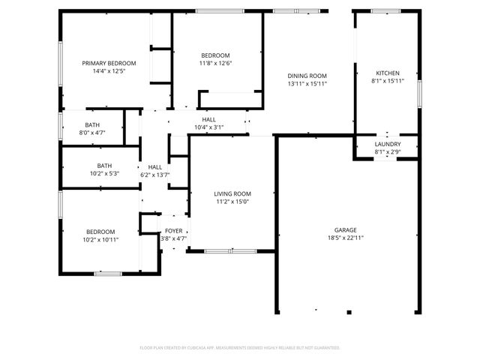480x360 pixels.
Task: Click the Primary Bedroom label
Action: tap(109, 63)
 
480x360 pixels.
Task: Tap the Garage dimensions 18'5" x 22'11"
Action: tap(345, 238)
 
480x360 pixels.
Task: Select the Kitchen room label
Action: tap(388, 73)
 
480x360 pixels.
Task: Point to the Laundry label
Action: tap(388, 144)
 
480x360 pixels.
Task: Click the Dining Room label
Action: tap(307, 76)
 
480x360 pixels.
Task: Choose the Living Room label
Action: tap(232, 193)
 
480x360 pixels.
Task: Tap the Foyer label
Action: tap(173, 231)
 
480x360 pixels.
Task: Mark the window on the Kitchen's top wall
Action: tap(385, 10)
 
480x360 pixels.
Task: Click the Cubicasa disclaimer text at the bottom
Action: tap(240, 348)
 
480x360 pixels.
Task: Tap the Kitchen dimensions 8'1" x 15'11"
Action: tap(388, 80)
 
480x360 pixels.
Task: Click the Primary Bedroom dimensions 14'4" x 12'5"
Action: tap(109, 71)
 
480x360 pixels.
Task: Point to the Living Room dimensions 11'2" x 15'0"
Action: tap(232, 201)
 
